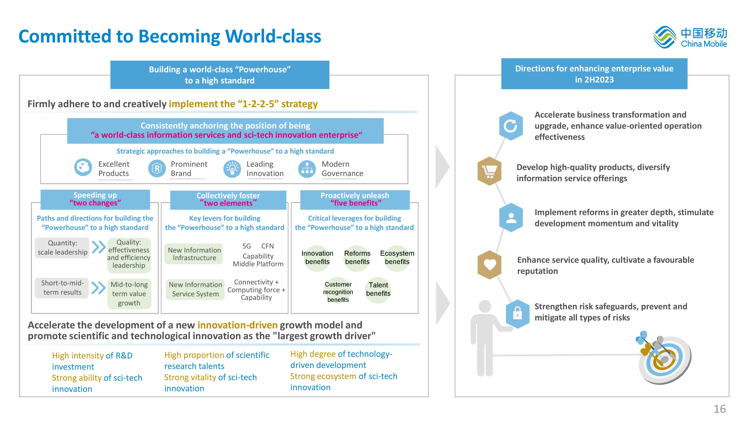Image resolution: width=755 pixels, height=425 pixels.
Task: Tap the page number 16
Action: tap(720, 409)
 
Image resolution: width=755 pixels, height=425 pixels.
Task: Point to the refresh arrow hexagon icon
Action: tap(511, 126)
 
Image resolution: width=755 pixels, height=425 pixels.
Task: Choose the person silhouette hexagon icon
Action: tap(511, 217)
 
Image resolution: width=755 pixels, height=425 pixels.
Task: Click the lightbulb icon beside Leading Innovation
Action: tap(232, 169)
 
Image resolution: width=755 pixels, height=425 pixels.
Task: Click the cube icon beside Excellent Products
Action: tap(83, 167)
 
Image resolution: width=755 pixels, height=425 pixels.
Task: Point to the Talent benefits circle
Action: tap(378, 290)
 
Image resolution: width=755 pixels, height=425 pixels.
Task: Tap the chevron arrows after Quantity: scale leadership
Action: tap(99, 247)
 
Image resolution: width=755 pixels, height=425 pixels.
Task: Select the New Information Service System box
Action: tap(195, 289)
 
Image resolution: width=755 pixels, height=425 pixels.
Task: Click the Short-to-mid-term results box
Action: tap(62, 288)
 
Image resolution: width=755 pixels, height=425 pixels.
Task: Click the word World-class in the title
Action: tap(273, 36)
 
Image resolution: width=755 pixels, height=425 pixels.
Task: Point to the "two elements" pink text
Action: tap(228, 203)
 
